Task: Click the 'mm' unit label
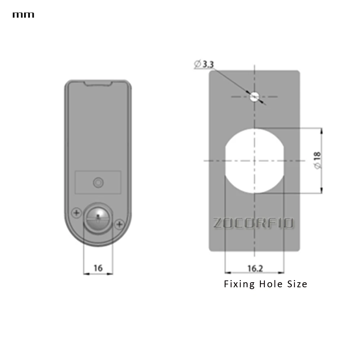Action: [23, 15]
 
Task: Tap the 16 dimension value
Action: [98, 268]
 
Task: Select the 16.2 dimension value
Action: [255, 268]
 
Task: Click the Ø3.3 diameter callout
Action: [204, 64]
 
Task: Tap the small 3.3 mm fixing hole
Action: [255, 96]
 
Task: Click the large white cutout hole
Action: [255, 160]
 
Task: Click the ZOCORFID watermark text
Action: [253, 222]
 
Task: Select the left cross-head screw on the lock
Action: [76, 213]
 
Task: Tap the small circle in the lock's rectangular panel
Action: [98, 183]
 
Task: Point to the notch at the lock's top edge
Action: [98, 83]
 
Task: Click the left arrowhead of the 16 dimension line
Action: [85, 274]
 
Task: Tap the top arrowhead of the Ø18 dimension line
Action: [321, 130]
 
